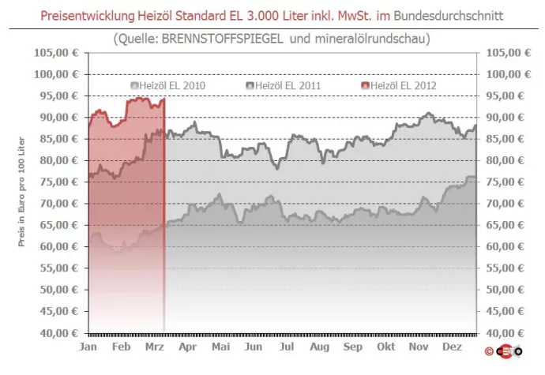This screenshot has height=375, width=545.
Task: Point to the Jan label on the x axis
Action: [x=89, y=347]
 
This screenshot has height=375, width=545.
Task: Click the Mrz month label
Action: [x=154, y=347]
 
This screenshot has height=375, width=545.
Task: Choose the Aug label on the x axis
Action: [x=319, y=347]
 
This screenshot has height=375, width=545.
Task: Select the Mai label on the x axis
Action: [x=220, y=347]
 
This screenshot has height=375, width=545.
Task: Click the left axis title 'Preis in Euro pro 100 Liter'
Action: [x=24, y=193]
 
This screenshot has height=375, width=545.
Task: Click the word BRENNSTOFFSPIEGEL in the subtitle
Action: [x=216, y=38]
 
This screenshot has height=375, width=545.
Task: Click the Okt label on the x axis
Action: [x=385, y=347]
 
